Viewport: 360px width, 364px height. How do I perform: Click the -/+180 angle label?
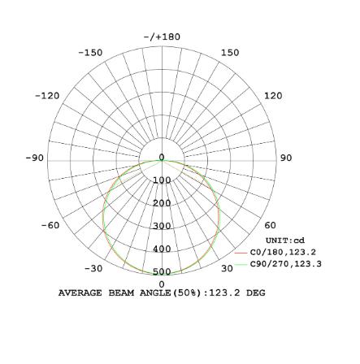point(162,37)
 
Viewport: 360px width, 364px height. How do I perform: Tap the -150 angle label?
point(90,53)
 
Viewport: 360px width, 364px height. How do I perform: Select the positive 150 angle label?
point(230,53)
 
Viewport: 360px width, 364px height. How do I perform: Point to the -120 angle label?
point(47,96)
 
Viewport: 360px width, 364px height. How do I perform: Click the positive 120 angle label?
point(273,96)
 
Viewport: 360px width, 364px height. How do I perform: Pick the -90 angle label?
point(35,158)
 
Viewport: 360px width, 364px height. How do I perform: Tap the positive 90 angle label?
point(286,158)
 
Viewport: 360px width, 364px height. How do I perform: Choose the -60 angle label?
point(50,225)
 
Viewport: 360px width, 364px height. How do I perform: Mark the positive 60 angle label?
point(270,225)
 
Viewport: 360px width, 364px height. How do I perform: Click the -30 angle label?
point(93,268)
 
